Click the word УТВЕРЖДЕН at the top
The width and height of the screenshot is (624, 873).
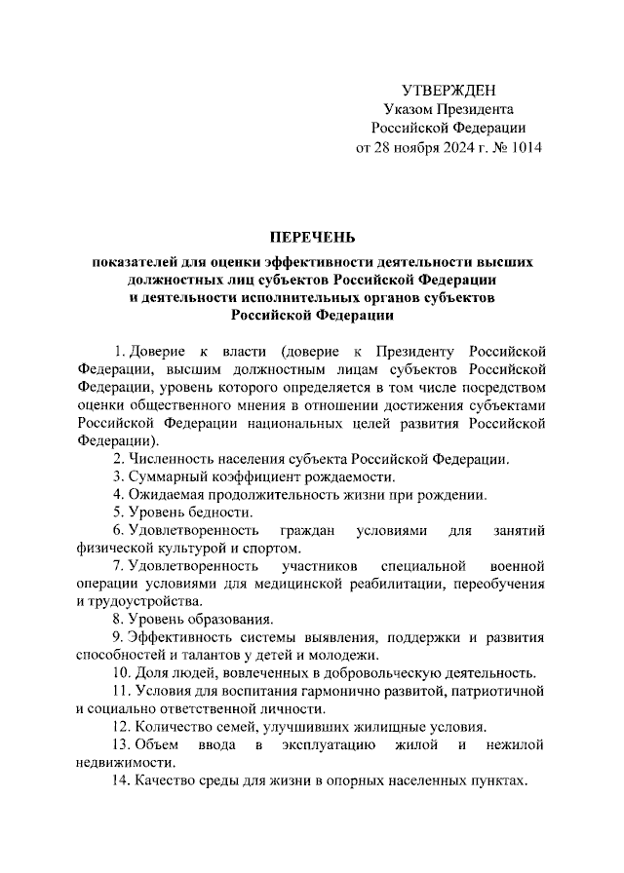pos(448,90)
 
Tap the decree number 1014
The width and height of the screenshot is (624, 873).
pos(523,147)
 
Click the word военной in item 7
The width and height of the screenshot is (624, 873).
pos(517,566)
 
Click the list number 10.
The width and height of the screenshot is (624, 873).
pos(121,673)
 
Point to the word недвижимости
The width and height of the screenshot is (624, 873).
pos(125,764)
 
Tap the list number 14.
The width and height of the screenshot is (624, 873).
pos(121,781)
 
